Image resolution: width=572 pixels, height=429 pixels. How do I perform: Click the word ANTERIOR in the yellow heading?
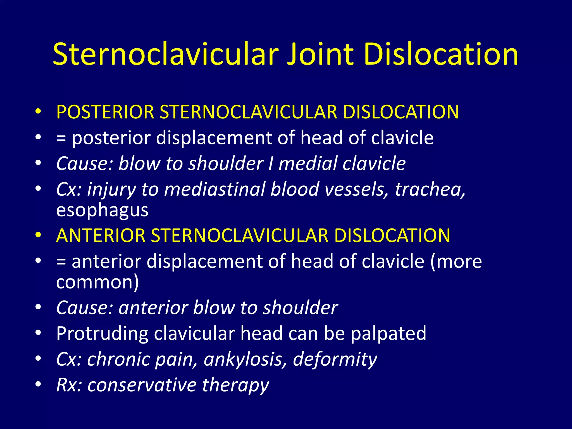(101, 235)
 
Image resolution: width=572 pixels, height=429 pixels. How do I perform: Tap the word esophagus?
(102, 210)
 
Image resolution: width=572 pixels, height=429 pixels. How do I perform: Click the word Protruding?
(102, 333)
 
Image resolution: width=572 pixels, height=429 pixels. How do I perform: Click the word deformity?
(335, 359)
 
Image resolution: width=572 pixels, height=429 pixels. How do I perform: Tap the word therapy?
(235, 385)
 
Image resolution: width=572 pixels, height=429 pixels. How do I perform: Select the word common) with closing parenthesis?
(97, 282)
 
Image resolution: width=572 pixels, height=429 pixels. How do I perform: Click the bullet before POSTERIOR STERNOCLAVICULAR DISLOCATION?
(38, 112)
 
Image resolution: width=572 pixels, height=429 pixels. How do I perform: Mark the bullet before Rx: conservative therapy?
(38, 385)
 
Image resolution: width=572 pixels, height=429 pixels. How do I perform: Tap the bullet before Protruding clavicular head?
(38, 333)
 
